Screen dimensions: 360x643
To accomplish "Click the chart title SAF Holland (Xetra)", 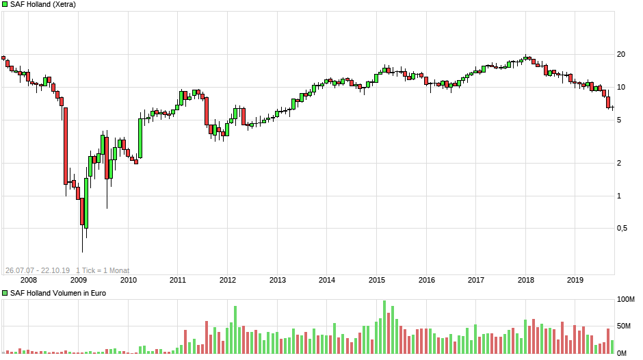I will [42, 4].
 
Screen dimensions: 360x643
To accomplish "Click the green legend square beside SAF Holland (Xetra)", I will [5, 4].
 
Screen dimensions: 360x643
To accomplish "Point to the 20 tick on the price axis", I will [621, 55].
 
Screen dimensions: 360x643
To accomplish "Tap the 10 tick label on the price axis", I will [621, 88].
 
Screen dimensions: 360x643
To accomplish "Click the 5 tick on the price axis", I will [620, 120].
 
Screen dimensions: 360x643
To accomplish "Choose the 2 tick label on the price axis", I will [620, 164].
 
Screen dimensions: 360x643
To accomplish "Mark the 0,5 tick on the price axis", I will [622, 229].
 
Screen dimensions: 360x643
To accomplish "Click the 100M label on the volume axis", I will [626, 300].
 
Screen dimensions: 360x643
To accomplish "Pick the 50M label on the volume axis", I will [625, 326].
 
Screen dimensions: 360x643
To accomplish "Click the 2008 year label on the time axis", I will [29, 280].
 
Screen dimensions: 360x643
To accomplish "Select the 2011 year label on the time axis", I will [178, 280].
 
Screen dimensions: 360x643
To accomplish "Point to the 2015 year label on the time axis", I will [377, 280].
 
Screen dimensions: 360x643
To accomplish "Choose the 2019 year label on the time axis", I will [575, 280].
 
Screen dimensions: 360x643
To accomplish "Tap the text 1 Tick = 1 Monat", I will [103, 270].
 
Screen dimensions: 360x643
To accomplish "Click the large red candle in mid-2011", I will [206, 111].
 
